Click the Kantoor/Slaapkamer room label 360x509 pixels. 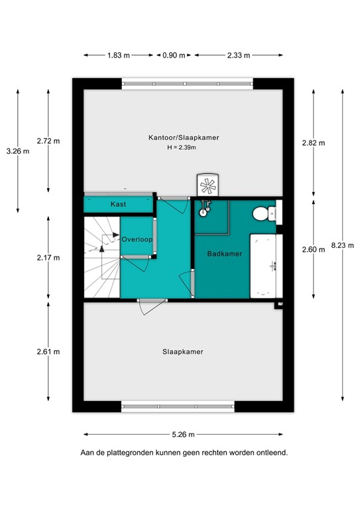[x=184, y=137]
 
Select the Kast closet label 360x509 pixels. [x=119, y=204]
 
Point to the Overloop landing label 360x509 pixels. [x=138, y=239]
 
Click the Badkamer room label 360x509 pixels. [x=224, y=254]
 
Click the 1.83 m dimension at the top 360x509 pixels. [x=119, y=56]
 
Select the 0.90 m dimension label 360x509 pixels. [x=174, y=56]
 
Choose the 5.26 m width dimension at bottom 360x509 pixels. [x=183, y=435]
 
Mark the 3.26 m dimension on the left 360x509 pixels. [x=17, y=151]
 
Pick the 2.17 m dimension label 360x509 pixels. [x=48, y=257]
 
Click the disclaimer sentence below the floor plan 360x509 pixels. [x=184, y=453]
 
